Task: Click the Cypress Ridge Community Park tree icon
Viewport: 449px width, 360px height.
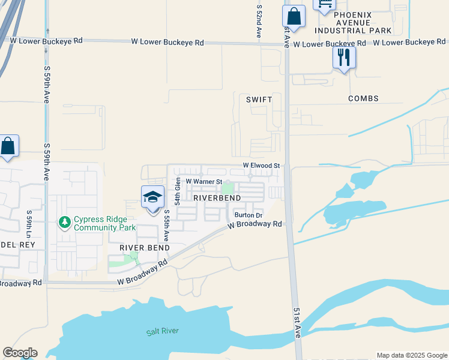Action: [65, 223]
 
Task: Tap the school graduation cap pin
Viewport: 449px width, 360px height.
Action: [152, 197]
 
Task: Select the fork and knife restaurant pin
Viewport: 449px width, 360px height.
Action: [344, 57]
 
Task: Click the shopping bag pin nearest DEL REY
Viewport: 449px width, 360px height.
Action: [8, 146]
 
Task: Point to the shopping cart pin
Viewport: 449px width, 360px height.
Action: [324, 5]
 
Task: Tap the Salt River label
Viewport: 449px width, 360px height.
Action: [163, 331]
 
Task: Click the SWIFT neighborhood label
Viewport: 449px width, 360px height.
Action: [259, 99]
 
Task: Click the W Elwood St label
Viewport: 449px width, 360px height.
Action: [261, 165]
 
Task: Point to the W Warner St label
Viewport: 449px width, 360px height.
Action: [204, 181]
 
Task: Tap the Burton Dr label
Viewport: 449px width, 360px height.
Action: [249, 215]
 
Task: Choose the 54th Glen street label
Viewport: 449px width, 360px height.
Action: [178, 191]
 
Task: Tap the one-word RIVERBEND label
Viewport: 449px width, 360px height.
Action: [217, 197]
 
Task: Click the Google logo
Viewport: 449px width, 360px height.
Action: [20, 353]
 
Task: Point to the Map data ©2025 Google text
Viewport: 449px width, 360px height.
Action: [411, 355]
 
